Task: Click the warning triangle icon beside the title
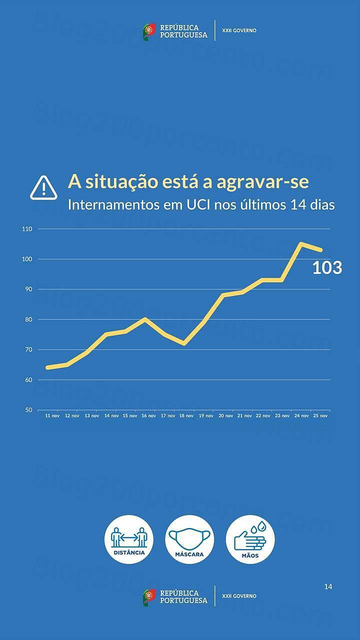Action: (x=43, y=187)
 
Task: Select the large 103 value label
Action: (x=327, y=268)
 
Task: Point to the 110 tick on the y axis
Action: (x=27, y=229)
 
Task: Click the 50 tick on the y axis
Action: (x=28, y=410)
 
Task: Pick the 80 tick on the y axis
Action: (x=28, y=319)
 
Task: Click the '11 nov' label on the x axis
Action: (x=51, y=415)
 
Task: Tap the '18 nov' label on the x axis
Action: (x=186, y=415)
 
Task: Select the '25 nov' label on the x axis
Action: (x=320, y=415)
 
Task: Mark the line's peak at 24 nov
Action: (x=301, y=243)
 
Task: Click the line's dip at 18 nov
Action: (x=184, y=343)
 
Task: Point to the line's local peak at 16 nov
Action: (x=144, y=319)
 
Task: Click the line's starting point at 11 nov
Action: (x=47, y=367)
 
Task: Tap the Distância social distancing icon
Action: (x=129, y=539)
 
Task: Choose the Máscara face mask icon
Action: (x=189, y=539)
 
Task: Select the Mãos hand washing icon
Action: (x=250, y=539)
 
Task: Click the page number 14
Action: (x=328, y=586)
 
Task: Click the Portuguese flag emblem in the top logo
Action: (x=149, y=31)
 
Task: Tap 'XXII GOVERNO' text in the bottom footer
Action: (x=239, y=596)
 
